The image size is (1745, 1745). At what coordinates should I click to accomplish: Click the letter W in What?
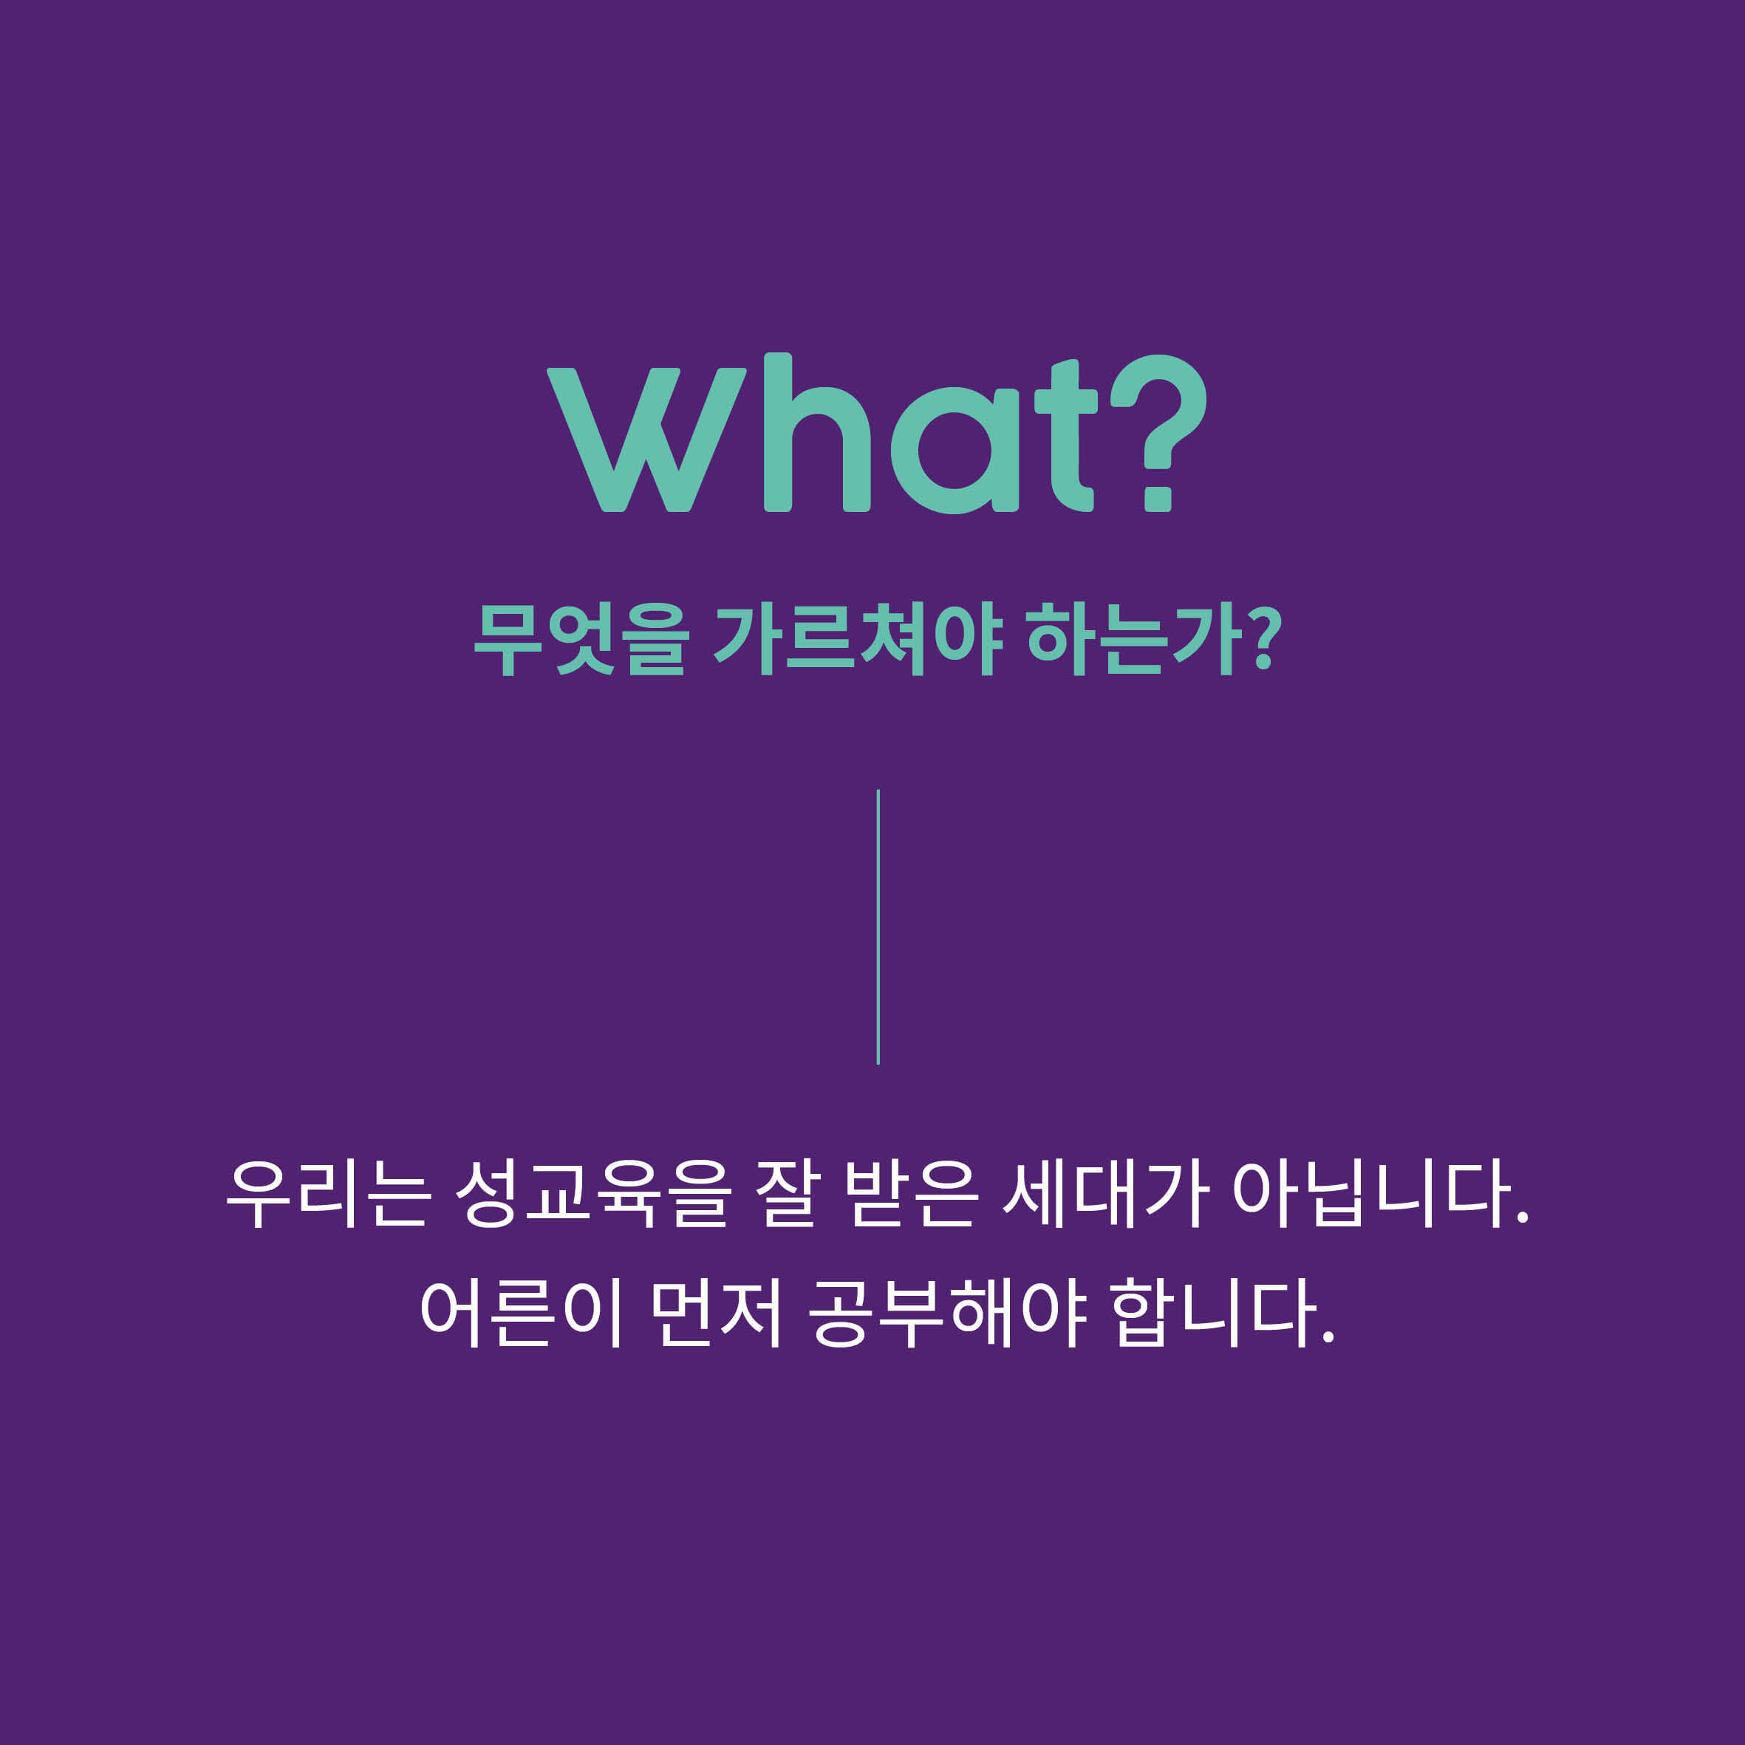[646, 440]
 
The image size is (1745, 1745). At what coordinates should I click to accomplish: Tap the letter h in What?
[816, 434]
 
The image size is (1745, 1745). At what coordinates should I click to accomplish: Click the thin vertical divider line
[878, 926]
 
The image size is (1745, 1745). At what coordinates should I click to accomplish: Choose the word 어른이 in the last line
[521, 1312]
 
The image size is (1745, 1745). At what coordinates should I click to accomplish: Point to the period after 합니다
[1328, 1336]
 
